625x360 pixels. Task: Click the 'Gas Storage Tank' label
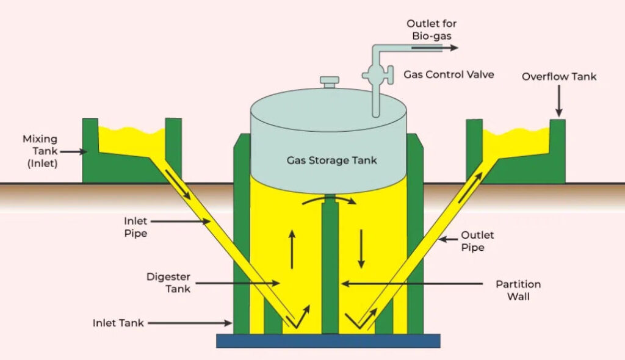tap(332, 161)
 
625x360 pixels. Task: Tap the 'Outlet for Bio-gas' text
tap(432, 30)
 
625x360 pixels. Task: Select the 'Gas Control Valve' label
tap(449, 74)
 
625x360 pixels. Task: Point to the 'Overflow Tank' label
tap(559, 77)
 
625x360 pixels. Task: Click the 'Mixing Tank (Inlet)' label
tap(40, 151)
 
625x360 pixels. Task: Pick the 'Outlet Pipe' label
tap(478, 241)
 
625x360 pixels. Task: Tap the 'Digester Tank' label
tap(168, 283)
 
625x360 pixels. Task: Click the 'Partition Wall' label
tap(518, 290)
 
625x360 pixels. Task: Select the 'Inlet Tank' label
tap(118, 323)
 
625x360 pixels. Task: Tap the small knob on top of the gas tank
tap(330, 82)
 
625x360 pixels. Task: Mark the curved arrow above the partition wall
tap(330, 200)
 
